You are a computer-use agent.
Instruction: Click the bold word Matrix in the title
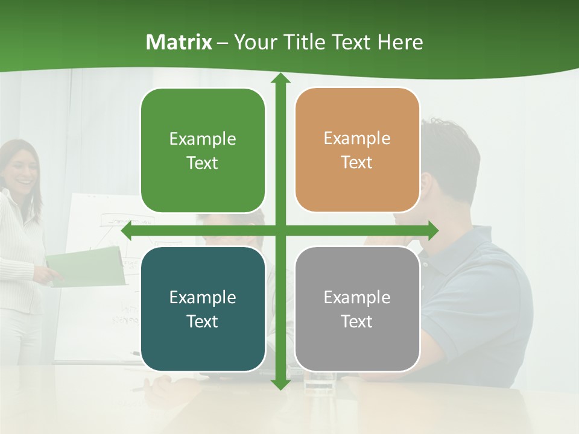pos(179,42)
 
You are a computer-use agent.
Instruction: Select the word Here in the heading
pos(400,42)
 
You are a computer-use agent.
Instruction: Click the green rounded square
pos(203,150)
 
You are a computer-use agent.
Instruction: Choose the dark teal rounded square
pos(203,309)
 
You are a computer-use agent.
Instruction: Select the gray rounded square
pos(357,309)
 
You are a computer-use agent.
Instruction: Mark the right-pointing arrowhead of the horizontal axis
pos(433,230)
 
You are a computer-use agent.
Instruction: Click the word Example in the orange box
pos(357,138)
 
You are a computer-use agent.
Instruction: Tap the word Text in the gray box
pos(357,321)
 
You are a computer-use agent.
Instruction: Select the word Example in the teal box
pos(203,297)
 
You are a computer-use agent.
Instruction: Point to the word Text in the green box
pos(203,163)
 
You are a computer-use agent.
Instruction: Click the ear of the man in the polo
pos(426,184)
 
